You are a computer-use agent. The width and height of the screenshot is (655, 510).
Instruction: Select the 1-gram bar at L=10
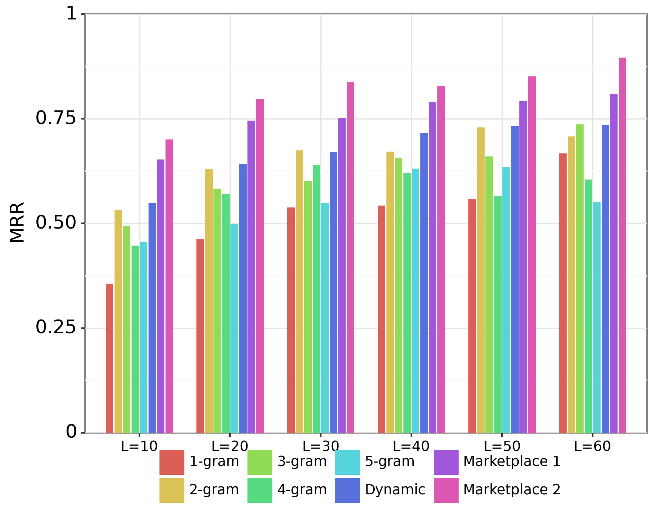(x=109, y=358)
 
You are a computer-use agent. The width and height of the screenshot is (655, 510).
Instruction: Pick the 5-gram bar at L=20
(x=234, y=328)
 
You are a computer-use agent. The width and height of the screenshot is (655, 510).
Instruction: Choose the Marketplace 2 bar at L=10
(x=169, y=286)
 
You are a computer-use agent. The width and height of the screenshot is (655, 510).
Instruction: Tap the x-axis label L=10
(x=139, y=446)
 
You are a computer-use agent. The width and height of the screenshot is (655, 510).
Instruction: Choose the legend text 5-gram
(x=389, y=461)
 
